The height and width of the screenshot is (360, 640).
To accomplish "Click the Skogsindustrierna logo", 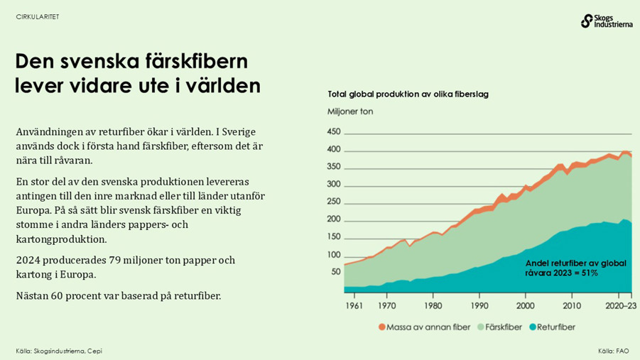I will [x=605, y=21].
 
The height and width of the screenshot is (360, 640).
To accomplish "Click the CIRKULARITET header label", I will [x=38, y=17].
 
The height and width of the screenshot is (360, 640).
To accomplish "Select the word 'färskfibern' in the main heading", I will [x=200, y=62].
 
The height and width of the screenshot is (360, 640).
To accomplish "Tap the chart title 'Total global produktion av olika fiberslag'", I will [x=408, y=94].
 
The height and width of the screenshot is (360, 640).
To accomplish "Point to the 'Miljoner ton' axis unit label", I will [x=349, y=111].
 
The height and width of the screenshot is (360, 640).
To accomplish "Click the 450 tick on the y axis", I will [x=334, y=132].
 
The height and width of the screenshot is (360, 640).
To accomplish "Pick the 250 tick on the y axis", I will [x=334, y=202].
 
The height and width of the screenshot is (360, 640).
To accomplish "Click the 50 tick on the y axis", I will [x=336, y=271].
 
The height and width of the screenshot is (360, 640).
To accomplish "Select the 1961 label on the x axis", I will [x=354, y=305].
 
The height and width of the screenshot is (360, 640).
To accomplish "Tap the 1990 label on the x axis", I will [x=479, y=305].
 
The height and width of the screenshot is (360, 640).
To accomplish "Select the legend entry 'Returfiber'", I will [x=556, y=327].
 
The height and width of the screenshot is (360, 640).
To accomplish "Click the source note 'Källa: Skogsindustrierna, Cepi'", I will [x=59, y=351].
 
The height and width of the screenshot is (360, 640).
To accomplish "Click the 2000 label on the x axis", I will [x=525, y=305].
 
